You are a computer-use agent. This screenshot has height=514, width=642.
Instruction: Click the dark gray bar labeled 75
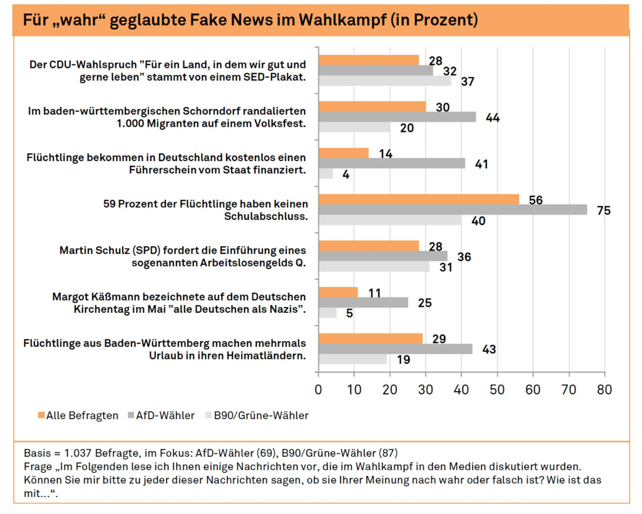(452, 210)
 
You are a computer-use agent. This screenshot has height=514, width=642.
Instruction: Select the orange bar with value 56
(418, 199)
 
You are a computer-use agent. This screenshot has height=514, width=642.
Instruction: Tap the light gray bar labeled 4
(325, 174)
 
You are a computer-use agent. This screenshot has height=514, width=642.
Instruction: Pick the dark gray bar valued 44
(397, 117)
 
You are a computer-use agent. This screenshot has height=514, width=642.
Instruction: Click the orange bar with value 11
(338, 292)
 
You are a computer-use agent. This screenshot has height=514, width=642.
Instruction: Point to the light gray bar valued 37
(384, 81)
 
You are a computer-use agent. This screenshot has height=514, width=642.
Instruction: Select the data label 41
(481, 164)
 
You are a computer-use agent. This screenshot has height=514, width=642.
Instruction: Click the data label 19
(403, 360)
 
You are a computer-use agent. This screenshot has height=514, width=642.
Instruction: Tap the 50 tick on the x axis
(497, 390)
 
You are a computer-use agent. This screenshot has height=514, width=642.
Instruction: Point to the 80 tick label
(604, 390)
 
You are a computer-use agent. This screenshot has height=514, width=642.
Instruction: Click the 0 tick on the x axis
(318, 390)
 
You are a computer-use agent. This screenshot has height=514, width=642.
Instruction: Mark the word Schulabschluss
(266, 217)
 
